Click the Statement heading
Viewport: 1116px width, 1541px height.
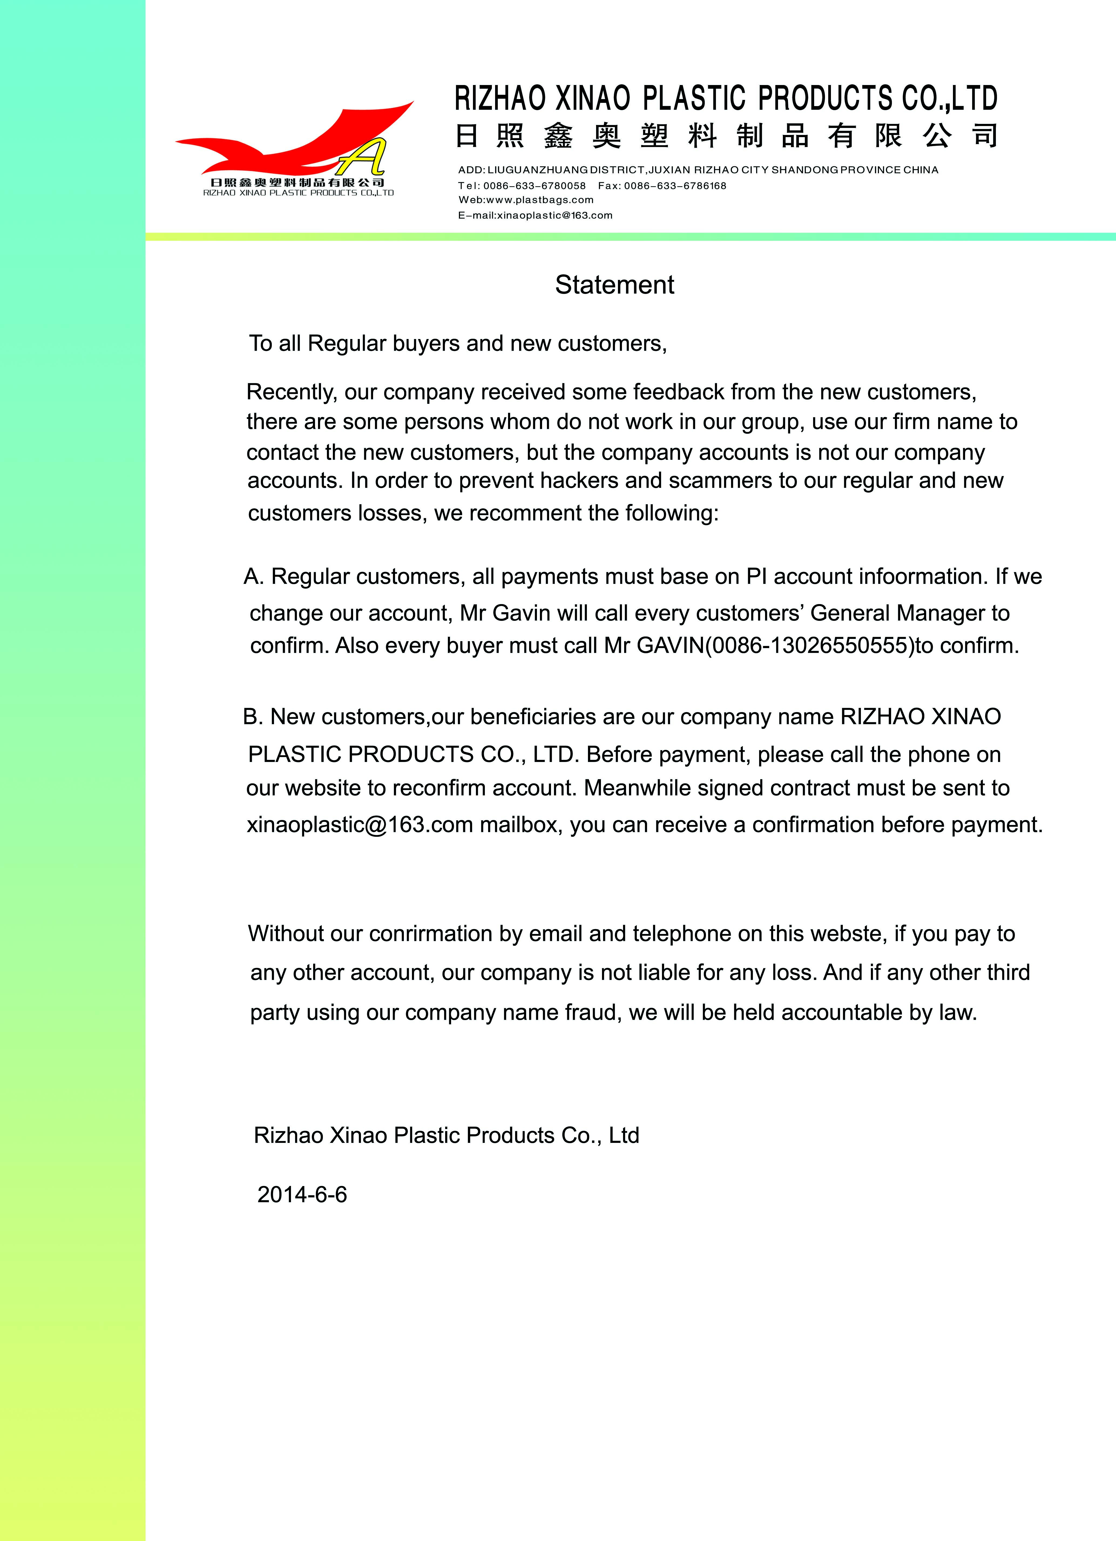614,285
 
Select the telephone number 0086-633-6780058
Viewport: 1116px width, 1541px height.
534,185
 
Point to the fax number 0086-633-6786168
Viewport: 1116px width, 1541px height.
675,185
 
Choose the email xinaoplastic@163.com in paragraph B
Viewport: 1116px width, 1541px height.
360,825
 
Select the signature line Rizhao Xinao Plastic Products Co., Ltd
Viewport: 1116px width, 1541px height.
446,1135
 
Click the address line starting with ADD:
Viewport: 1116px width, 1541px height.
698,170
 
